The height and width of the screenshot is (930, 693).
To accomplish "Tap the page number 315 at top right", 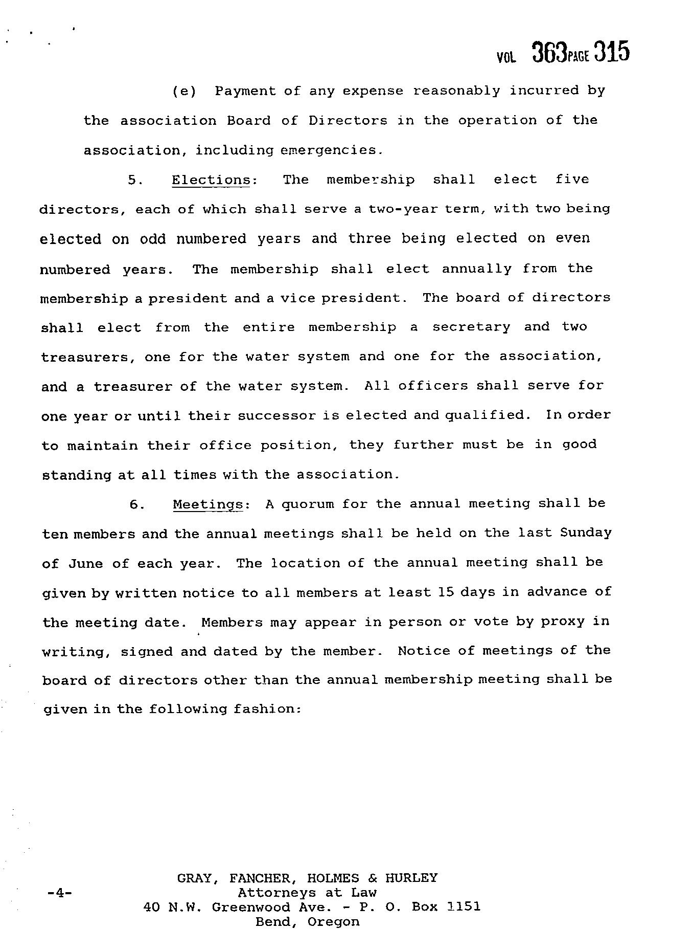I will (611, 52).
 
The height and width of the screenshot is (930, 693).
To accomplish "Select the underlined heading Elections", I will (211, 180).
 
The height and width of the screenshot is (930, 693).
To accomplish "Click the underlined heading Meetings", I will (207, 504).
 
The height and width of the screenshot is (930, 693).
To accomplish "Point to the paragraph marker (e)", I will (184, 92).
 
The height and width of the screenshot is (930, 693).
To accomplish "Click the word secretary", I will (471, 327).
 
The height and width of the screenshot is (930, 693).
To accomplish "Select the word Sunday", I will (586, 533).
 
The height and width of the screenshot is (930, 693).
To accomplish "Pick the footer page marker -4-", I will (59, 893).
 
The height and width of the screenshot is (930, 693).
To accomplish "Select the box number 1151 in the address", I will (463, 907).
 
